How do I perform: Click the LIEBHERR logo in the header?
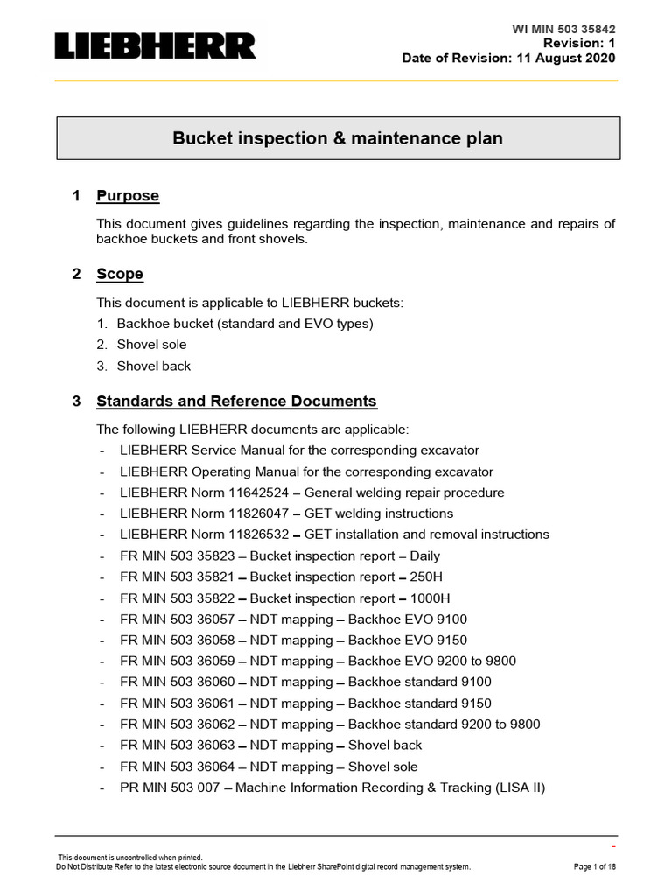pos(156,46)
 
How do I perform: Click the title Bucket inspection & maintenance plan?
pos(338,138)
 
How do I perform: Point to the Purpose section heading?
pos(128,196)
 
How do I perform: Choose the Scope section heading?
pos(120,274)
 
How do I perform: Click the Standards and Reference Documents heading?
pos(236,402)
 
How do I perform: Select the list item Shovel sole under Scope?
pos(151,345)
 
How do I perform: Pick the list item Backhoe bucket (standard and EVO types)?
pos(245,324)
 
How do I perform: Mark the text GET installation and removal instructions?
pos(427,535)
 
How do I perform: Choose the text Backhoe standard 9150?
pos(420,703)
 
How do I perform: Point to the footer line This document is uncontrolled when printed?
pos(130,857)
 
